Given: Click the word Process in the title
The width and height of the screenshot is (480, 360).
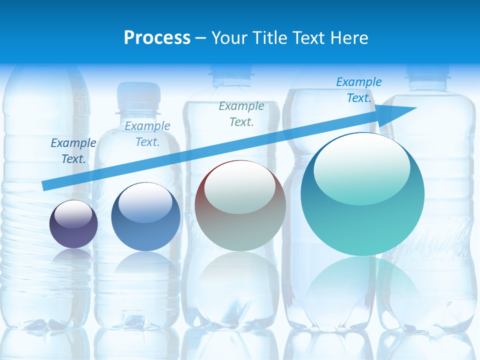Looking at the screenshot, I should click(x=157, y=38).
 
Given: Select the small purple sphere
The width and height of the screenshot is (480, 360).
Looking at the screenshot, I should click(x=73, y=224).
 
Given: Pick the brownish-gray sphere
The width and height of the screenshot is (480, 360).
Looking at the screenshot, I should click(x=240, y=206).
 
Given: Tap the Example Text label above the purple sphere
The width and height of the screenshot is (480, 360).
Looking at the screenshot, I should click(x=73, y=151).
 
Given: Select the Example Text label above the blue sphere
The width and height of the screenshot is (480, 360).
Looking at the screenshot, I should click(x=147, y=134).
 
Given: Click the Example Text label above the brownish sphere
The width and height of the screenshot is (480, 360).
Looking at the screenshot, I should click(x=241, y=114).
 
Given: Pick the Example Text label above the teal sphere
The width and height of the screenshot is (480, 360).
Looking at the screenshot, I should click(x=359, y=90).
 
